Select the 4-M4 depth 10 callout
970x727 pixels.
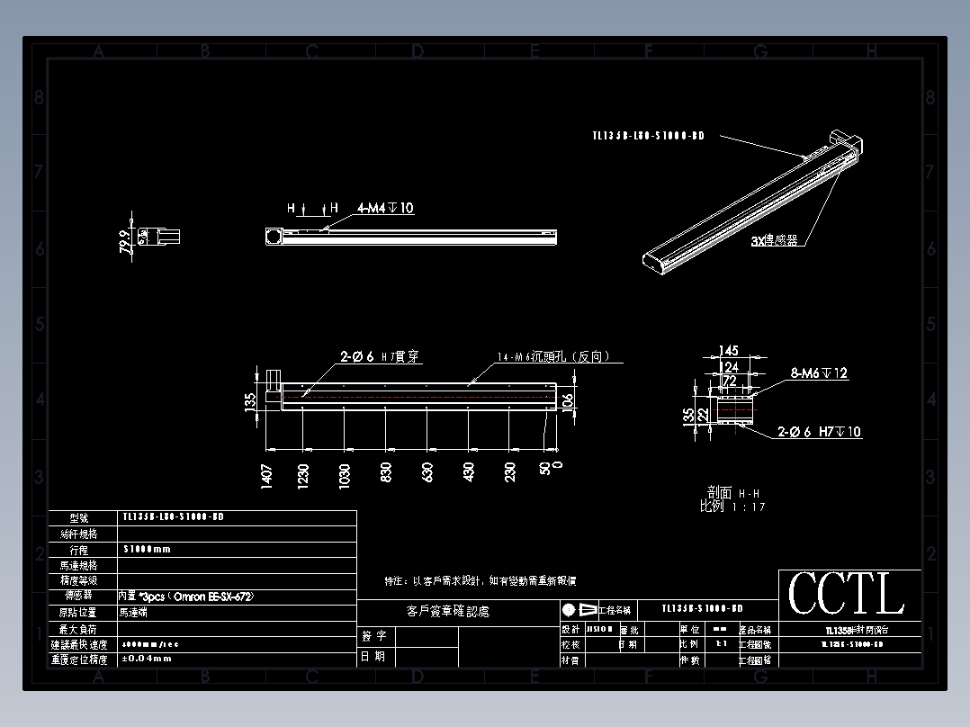[385, 208]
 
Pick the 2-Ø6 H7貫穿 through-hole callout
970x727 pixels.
[379, 357]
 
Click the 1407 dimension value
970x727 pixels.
[265, 476]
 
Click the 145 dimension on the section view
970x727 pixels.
[728, 351]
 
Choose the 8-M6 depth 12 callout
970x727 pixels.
[819, 372]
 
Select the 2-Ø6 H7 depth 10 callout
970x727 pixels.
[819, 432]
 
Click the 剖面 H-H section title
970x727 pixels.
[732, 493]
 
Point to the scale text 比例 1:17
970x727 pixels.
[732, 507]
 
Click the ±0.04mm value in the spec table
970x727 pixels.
[146, 659]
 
